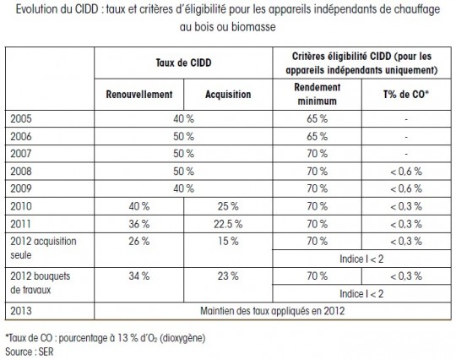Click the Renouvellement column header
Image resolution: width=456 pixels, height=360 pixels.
pyautogui.click(x=139, y=95)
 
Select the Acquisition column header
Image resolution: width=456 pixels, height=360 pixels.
pyautogui.click(x=228, y=95)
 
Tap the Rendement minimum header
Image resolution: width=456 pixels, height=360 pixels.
pyautogui.click(x=317, y=95)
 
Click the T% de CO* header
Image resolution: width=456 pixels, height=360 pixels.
pyautogui.click(x=406, y=95)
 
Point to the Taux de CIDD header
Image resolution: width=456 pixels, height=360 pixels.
pyautogui.click(x=183, y=63)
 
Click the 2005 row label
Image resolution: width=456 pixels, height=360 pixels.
pyautogui.click(x=21, y=119)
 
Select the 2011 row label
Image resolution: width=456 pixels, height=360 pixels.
pyautogui.click(x=20, y=224)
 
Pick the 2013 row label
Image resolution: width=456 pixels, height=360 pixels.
pyautogui.click(x=21, y=311)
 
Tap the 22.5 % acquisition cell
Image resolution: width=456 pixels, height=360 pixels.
pyautogui.click(x=228, y=224)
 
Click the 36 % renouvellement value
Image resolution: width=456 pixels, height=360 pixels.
pyautogui.click(x=139, y=224)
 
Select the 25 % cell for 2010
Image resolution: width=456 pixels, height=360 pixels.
pyautogui.click(x=228, y=207)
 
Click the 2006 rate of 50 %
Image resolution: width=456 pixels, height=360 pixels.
pyautogui.click(x=183, y=137)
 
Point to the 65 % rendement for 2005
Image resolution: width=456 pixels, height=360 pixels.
pyautogui.click(x=317, y=119)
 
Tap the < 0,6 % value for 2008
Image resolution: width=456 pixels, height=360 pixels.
pyautogui.click(x=406, y=172)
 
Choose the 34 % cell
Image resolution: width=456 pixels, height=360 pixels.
pyautogui.click(x=139, y=276)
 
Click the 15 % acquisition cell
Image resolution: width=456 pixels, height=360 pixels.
pyautogui.click(x=228, y=241)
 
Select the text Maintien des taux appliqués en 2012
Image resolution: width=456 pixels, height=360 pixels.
pyautogui.click(x=273, y=311)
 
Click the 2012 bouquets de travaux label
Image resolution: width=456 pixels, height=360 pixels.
pyautogui.click(x=41, y=283)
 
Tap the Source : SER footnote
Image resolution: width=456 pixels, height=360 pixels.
pyautogui.click(x=30, y=352)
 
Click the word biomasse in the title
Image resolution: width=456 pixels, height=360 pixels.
pyautogui.click(x=253, y=27)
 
